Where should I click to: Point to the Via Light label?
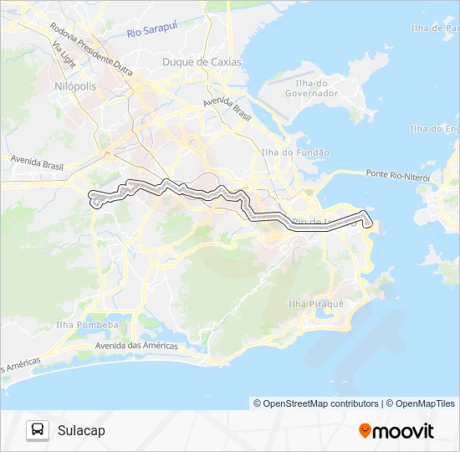[x=64, y=55]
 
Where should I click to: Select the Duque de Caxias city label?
[x=202, y=62]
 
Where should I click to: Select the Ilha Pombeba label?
[x=87, y=324]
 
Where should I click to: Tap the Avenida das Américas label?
[x=136, y=346]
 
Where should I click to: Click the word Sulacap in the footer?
[x=81, y=430]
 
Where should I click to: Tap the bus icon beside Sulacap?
[x=38, y=430]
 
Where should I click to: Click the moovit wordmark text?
[x=403, y=431]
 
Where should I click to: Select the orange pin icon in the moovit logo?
[x=365, y=430]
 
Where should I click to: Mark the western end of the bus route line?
[x=94, y=198]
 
